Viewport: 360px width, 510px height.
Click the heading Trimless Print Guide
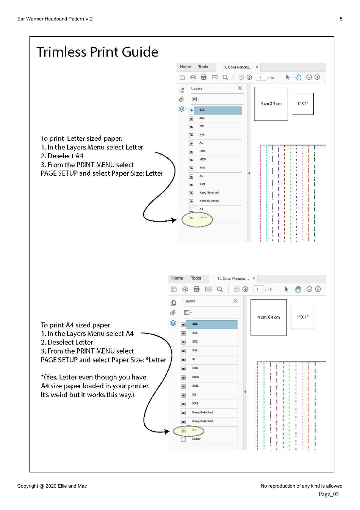(x=97, y=52)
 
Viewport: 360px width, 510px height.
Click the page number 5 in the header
(x=341, y=19)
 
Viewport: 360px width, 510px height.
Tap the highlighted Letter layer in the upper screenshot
(x=203, y=217)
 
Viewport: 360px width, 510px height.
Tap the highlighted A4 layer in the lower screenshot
(x=194, y=430)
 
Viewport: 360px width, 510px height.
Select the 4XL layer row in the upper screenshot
(x=218, y=110)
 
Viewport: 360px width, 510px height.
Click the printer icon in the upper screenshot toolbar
(x=203, y=77)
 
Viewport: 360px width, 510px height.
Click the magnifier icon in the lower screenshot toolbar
(x=219, y=289)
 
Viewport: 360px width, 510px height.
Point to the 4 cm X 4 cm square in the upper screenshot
(x=271, y=104)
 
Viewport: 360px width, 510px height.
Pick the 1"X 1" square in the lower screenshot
(x=302, y=317)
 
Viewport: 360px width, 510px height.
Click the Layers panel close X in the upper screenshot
(x=240, y=88)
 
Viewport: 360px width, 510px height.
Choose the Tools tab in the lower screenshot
(x=196, y=278)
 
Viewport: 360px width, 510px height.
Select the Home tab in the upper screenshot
(x=185, y=67)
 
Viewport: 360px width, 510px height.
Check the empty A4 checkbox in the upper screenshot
(x=191, y=209)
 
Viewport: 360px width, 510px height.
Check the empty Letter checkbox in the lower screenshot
(x=183, y=439)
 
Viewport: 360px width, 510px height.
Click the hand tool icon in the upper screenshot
(x=298, y=77)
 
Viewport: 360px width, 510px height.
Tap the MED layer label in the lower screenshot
(x=196, y=377)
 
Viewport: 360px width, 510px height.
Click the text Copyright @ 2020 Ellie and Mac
(x=52, y=486)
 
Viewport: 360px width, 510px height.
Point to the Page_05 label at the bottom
(x=329, y=494)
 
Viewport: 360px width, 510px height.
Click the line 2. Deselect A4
(x=62, y=156)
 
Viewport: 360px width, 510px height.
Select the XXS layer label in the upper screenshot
(x=202, y=184)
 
